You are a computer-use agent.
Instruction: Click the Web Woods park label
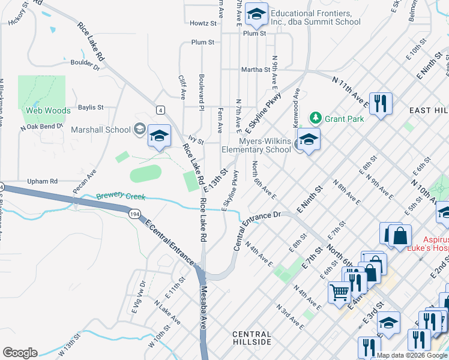point(47,110)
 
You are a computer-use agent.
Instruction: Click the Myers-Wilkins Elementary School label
point(256,145)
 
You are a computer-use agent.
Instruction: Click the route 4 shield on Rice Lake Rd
point(160,109)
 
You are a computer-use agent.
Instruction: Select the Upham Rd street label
point(42,181)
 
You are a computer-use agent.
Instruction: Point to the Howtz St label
point(202,23)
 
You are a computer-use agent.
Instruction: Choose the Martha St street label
point(255,70)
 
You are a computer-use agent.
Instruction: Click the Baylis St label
point(91,107)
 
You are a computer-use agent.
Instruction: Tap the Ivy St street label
point(196,142)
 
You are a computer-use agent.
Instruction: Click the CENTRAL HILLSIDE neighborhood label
point(253,337)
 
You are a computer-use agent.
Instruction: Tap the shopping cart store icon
point(339,293)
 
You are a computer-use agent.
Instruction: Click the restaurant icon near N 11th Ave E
point(381,104)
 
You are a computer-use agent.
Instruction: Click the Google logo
point(20,353)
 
